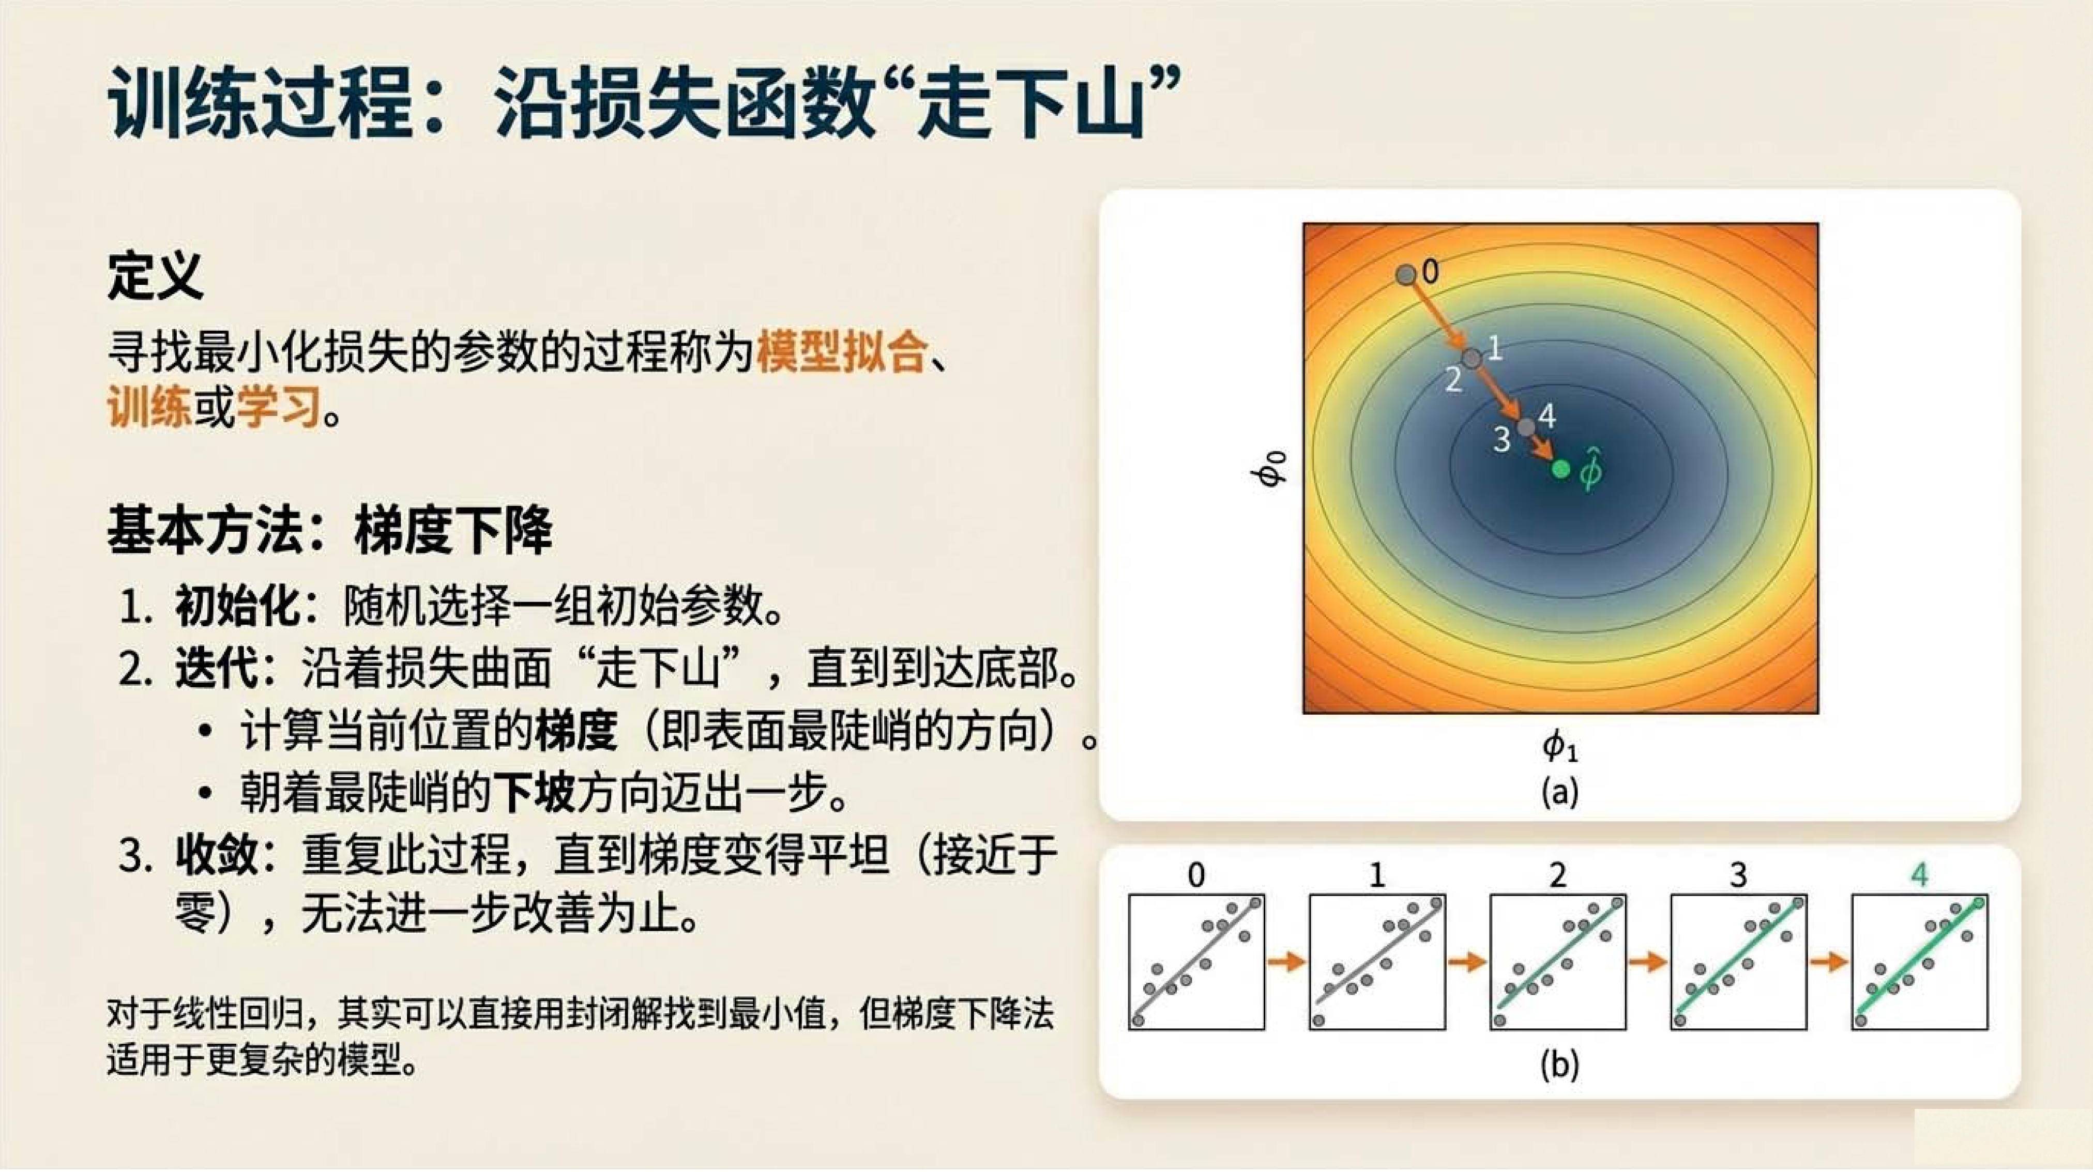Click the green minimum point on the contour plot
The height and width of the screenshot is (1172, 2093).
[x=1560, y=469]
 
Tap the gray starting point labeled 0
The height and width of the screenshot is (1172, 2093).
[x=1406, y=274]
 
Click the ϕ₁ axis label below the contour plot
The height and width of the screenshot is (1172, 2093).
[x=1560, y=746]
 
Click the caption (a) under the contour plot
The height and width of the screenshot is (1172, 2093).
[x=1560, y=791]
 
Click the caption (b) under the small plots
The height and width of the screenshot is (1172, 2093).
[x=1560, y=1064]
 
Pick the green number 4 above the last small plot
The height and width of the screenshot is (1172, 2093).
[x=1920, y=875]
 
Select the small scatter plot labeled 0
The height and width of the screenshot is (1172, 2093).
[x=1196, y=962]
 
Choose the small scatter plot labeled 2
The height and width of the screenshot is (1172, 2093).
[x=1557, y=962]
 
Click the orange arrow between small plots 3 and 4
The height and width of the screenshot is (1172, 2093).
[x=1829, y=962]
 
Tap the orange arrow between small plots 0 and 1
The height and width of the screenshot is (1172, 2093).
[x=1287, y=962]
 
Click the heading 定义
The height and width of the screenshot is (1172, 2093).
[x=155, y=276]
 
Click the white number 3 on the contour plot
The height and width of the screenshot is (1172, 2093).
[x=1502, y=439]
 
